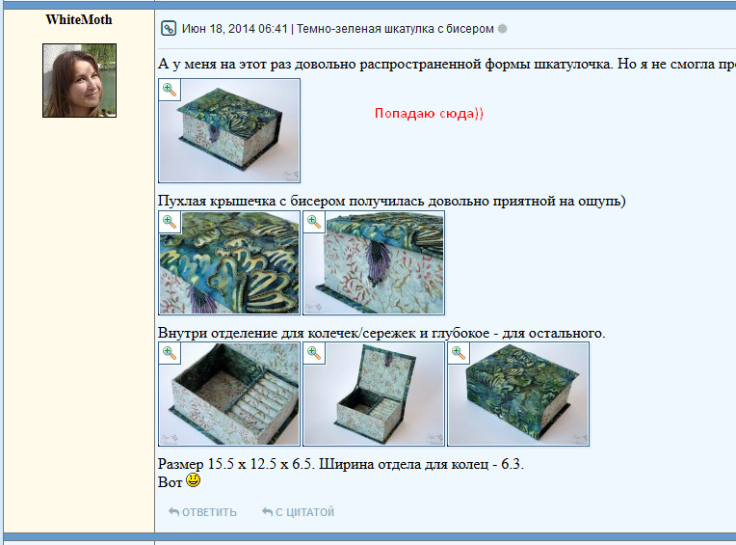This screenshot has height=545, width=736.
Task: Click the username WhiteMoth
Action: [x=79, y=19]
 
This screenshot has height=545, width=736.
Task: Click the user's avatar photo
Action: [x=79, y=80]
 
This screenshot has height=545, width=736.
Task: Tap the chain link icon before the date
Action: [x=168, y=29]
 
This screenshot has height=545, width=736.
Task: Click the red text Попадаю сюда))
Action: [x=429, y=113]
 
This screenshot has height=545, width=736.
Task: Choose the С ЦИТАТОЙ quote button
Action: [x=298, y=512]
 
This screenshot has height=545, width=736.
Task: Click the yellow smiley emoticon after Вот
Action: [x=193, y=480]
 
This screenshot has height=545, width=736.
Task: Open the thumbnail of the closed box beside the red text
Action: [x=229, y=130]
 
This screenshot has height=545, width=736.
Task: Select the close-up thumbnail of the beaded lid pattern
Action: [x=229, y=262]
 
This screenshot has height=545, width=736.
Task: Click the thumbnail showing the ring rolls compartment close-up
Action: [x=229, y=395]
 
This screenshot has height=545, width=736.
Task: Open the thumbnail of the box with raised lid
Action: [x=374, y=395]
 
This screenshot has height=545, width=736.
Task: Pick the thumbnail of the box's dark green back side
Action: [x=518, y=395]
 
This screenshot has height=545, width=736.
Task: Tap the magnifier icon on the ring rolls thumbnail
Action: [x=170, y=353]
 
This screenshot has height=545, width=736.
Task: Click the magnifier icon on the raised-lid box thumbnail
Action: [x=314, y=353]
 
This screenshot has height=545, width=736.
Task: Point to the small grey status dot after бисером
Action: [x=502, y=29]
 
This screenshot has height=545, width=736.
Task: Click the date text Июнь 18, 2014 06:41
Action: [x=235, y=29]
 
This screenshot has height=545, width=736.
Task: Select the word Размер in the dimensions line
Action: [x=181, y=464]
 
